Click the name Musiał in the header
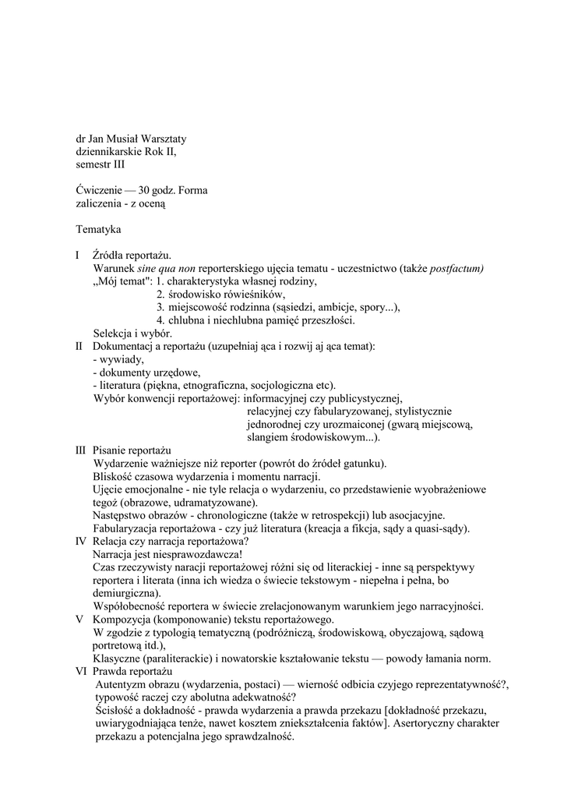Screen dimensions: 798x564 pos(129,139)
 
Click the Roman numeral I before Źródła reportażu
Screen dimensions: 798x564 pos(77,255)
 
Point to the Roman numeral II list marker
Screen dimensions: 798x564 pos(79,345)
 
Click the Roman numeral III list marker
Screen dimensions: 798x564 pos(80,450)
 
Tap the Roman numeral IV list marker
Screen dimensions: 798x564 pos(80,541)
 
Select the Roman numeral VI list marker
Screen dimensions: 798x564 pos(80,671)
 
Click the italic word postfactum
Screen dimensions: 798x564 pos(456,268)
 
